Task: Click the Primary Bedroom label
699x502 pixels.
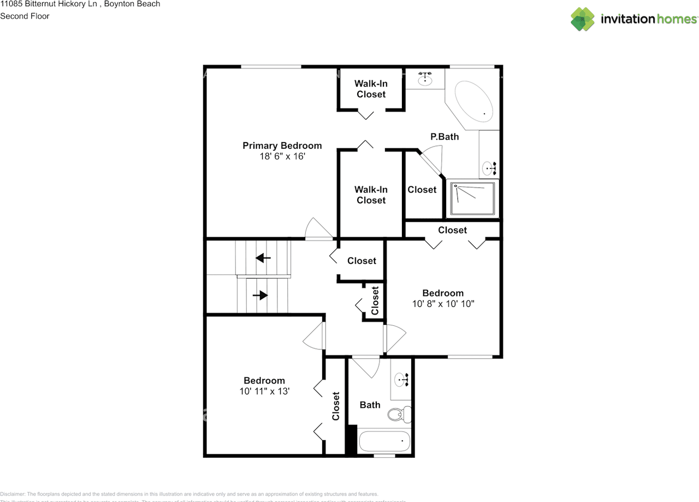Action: pos(282,145)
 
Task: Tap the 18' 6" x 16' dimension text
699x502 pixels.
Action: pos(282,156)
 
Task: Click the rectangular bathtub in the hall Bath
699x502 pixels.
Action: pos(384,440)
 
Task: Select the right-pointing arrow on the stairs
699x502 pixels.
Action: pos(260,295)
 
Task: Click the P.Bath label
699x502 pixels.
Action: pos(445,137)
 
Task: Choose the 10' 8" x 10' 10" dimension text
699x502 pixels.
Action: pos(443,304)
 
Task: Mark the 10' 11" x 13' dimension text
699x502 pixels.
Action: pos(264,392)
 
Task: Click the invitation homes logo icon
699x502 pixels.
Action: pos(583,19)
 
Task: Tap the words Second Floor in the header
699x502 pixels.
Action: pos(25,16)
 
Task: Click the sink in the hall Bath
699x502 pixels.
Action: pos(402,378)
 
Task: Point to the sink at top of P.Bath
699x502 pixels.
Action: pos(425,80)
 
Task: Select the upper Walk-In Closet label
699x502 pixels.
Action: pos(371,89)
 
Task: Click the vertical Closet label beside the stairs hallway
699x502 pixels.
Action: pos(375,301)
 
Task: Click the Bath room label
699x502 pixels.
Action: pos(370,405)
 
